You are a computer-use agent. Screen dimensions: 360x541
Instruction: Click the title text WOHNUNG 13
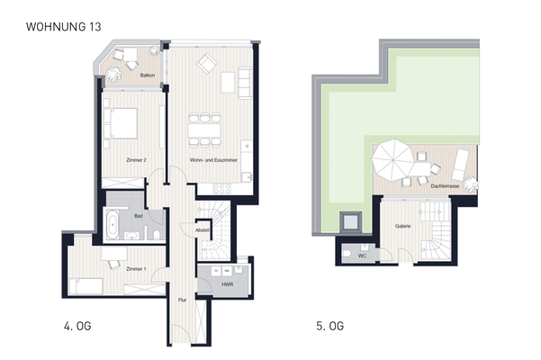[x=63, y=28]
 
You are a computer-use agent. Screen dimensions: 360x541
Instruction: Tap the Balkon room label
[x=144, y=76]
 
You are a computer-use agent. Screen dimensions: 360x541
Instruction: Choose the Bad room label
[x=139, y=217]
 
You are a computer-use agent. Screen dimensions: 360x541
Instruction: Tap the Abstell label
[x=203, y=230]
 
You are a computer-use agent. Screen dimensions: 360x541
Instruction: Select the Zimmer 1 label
[x=136, y=269]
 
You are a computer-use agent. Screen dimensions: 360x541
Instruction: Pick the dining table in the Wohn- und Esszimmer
[x=206, y=129]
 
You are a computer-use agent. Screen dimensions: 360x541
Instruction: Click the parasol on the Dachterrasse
[x=393, y=159]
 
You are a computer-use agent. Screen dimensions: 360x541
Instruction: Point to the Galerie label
[x=401, y=226]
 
